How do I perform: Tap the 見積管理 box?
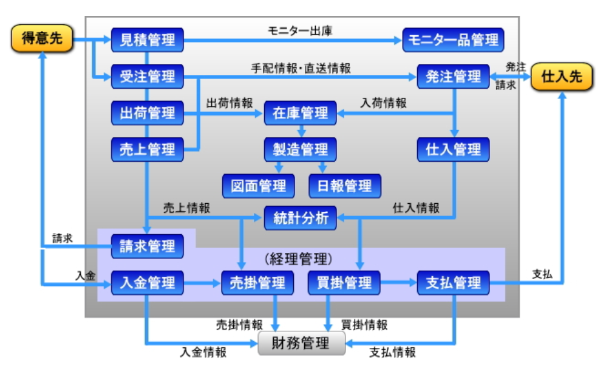(x=148, y=40)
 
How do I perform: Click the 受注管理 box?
(x=148, y=77)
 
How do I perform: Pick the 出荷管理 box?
(x=148, y=113)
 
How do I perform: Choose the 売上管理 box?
(x=148, y=150)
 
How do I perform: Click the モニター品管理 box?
(x=454, y=40)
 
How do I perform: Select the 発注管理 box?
(x=454, y=77)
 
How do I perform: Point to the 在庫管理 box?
(x=301, y=113)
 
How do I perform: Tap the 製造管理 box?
(x=301, y=150)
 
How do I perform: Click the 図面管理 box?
(x=258, y=186)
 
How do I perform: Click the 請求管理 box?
(x=148, y=246)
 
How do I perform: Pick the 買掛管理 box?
(x=344, y=283)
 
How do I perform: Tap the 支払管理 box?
(x=454, y=283)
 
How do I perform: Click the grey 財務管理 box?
(x=302, y=343)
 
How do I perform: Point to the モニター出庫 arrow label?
(x=300, y=30)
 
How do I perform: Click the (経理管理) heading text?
(x=299, y=258)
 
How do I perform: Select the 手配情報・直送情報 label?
(x=301, y=68)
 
